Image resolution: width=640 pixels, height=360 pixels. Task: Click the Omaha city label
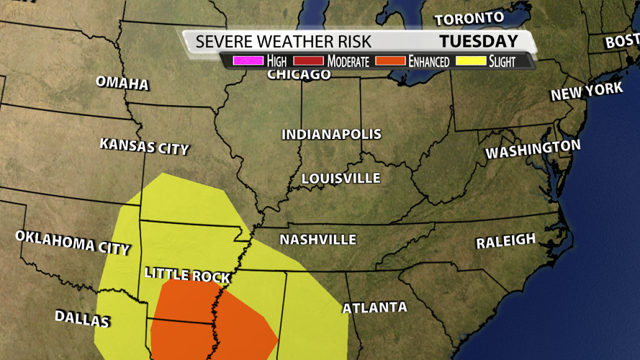(x=122, y=83)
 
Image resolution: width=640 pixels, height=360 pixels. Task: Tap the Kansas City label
(x=144, y=146)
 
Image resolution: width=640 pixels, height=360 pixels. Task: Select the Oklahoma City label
(x=72, y=242)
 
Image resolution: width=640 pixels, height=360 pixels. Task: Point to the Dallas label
(x=82, y=318)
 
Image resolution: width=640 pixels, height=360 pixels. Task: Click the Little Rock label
(x=187, y=275)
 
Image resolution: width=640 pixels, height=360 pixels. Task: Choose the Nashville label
(x=317, y=239)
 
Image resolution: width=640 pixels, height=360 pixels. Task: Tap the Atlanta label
(x=374, y=307)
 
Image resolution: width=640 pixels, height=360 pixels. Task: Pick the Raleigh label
(x=505, y=241)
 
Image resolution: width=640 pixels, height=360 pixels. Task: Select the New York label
(x=587, y=91)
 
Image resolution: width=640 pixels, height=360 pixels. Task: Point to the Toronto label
(x=469, y=18)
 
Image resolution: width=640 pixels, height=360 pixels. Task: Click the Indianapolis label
(x=331, y=135)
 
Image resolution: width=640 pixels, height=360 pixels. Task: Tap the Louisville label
(x=341, y=178)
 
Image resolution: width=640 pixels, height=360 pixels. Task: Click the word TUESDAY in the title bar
(x=479, y=41)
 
